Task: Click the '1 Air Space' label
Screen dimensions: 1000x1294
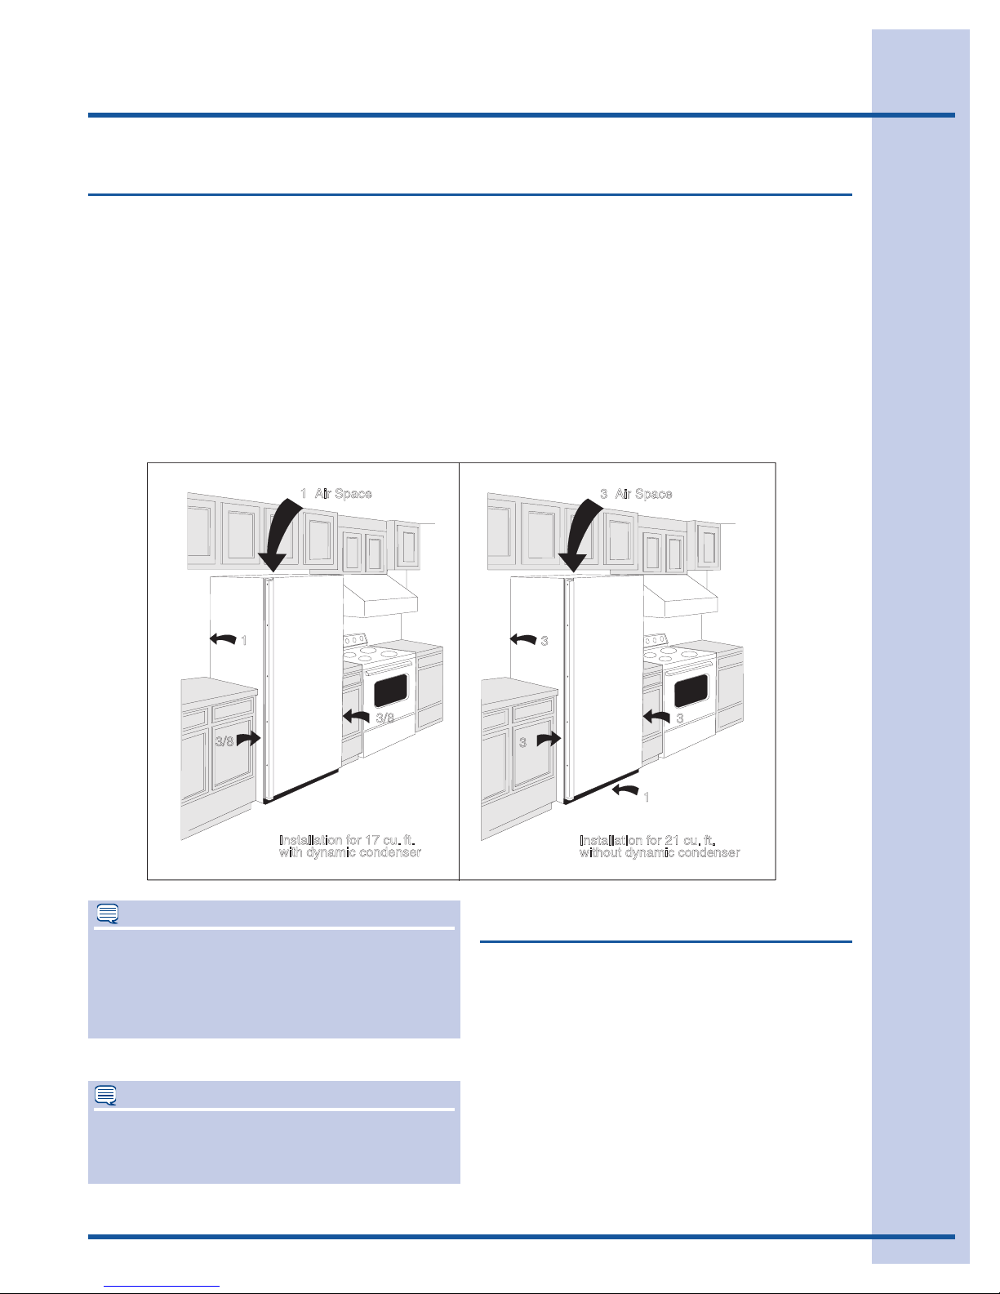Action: pyautogui.click(x=336, y=494)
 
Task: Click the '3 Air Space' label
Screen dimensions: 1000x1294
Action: pyautogui.click(x=636, y=494)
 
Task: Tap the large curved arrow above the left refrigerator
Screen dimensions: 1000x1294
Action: pyautogui.click(x=280, y=535)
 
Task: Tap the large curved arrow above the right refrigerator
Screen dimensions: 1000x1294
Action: pyautogui.click(x=580, y=535)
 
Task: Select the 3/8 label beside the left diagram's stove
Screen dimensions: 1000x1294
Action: pyautogui.click(x=385, y=718)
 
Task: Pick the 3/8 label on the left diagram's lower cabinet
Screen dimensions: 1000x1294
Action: pyautogui.click(x=224, y=741)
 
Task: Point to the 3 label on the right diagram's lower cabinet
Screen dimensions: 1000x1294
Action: pyautogui.click(x=522, y=743)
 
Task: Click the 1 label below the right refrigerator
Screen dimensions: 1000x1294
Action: pyautogui.click(x=647, y=797)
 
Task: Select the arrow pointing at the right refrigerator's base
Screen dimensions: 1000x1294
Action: pyautogui.click(x=625, y=789)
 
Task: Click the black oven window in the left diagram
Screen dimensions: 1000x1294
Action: pyautogui.click(x=391, y=690)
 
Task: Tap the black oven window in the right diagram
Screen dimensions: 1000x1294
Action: pyautogui.click(x=691, y=690)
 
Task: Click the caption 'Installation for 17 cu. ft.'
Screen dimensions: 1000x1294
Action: pyautogui.click(x=347, y=839)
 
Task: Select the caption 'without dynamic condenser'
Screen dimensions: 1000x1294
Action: pyautogui.click(x=660, y=853)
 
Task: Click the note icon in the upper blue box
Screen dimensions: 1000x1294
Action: pyautogui.click(x=108, y=914)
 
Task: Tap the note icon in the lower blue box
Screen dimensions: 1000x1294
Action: pyautogui.click(x=106, y=1095)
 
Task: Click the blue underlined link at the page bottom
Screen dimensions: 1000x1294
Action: pyautogui.click(x=162, y=1287)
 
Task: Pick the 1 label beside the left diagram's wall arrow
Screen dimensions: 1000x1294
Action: pyautogui.click(x=243, y=641)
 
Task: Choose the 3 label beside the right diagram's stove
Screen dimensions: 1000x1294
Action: pyautogui.click(x=680, y=718)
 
